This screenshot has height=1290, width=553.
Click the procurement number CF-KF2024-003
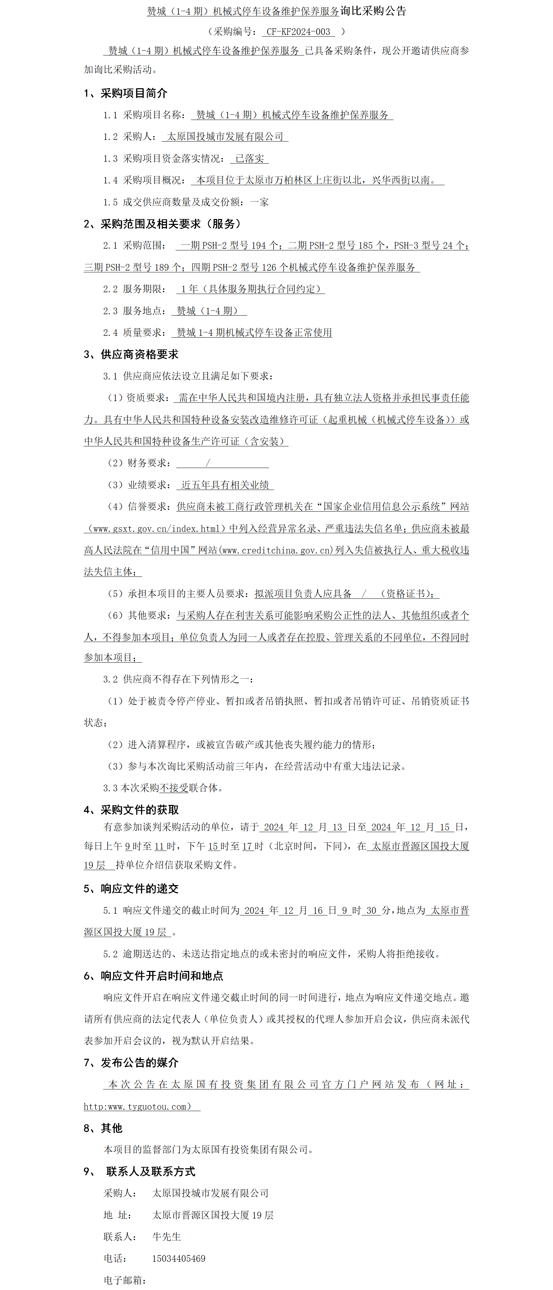click(x=298, y=31)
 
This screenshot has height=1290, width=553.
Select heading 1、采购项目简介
click(x=125, y=93)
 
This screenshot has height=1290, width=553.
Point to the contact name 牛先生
click(x=167, y=1236)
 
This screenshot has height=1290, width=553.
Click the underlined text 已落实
click(x=249, y=158)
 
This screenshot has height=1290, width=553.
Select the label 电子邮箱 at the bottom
click(x=124, y=1280)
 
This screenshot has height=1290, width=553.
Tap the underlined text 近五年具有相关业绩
click(x=225, y=485)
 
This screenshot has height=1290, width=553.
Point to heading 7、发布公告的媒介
click(x=131, y=1062)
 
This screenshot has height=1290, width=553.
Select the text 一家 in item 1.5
click(x=259, y=202)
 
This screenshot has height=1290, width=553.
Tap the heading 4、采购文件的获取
click(x=131, y=810)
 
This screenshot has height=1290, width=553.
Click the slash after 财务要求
click(x=208, y=463)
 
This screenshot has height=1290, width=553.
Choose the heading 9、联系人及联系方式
click(x=140, y=1171)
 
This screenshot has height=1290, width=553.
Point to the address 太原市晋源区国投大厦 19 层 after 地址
click(x=213, y=1215)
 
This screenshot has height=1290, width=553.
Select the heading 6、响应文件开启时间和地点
click(x=153, y=975)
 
